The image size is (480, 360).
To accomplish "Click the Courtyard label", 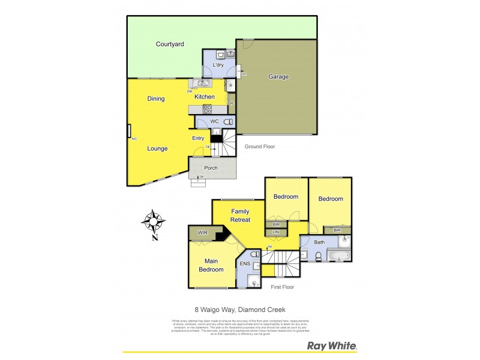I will [x=170, y=44].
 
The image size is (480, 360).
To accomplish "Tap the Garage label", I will [x=278, y=77].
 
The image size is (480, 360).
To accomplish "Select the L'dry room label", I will [x=218, y=65].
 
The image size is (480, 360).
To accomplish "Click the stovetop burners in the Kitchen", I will [x=208, y=109].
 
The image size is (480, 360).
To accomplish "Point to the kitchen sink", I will [x=203, y=83].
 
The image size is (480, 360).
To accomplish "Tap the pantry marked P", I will [x=231, y=104].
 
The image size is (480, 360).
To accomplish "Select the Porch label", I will [x=211, y=168].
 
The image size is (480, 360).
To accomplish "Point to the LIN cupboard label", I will [x=276, y=232].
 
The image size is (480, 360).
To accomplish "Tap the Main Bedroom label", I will [x=211, y=265].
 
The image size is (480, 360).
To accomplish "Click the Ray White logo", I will [x=332, y=346].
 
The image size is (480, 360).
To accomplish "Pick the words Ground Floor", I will [x=260, y=146].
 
